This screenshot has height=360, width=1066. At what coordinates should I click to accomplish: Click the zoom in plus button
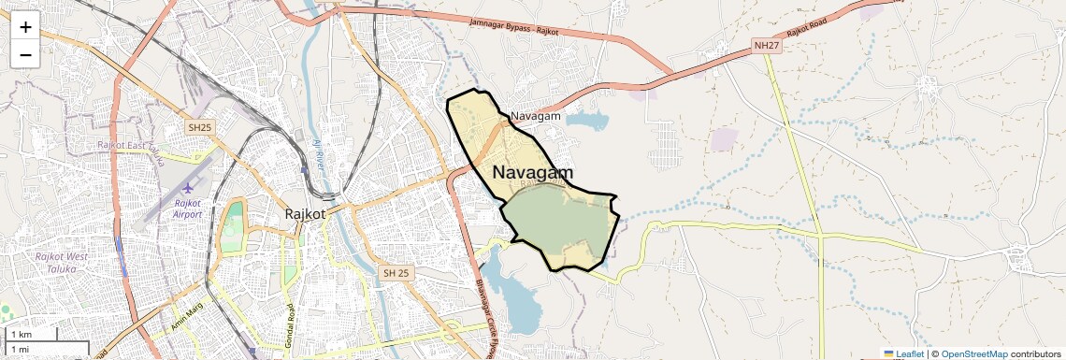click(x=25, y=27)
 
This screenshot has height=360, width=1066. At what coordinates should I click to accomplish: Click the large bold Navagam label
click(x=532, y=173)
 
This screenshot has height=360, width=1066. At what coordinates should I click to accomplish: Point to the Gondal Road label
click(x=290, y=322)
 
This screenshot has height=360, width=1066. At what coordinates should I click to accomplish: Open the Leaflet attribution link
click(x=909, y=353)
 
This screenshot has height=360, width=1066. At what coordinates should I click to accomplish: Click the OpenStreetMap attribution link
click(x=974, y=353)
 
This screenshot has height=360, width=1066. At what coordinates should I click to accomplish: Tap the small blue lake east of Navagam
click(x=586, y=121)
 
